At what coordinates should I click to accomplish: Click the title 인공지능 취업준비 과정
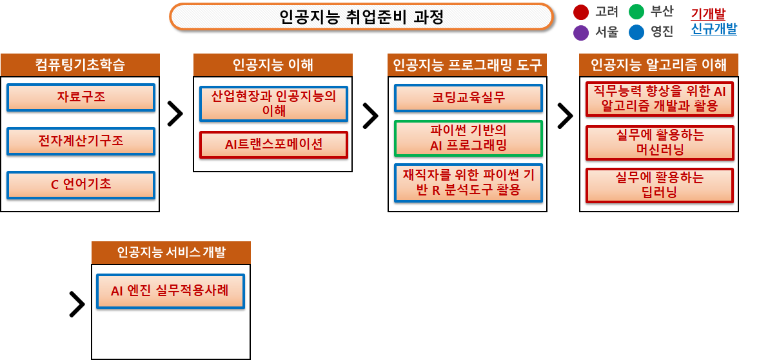(362, 17)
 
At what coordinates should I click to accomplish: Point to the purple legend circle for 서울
(581, 32)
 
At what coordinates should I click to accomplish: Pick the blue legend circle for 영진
(636, 32)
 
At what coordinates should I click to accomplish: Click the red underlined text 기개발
(708, 13)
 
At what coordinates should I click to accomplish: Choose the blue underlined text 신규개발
(714, 30)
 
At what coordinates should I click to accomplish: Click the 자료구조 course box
(81, 97)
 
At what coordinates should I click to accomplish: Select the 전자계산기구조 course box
(81, 141)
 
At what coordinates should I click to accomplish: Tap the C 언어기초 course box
(81, 185)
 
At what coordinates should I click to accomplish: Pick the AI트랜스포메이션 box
(274, 145)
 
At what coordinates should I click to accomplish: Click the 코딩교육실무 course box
(468, 98)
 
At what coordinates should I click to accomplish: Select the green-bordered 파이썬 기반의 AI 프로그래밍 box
(468, 138)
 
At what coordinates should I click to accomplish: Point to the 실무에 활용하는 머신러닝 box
(660, 143)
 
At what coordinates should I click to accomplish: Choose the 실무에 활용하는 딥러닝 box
(660, 185)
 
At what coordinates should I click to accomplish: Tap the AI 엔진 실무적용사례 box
(170, 291)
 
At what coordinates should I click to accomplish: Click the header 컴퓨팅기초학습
(80, 65)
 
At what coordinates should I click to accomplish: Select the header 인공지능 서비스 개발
(171, 252)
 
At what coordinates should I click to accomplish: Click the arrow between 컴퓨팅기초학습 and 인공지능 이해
(175, 114)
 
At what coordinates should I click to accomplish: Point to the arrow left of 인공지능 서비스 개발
(77, 305)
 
